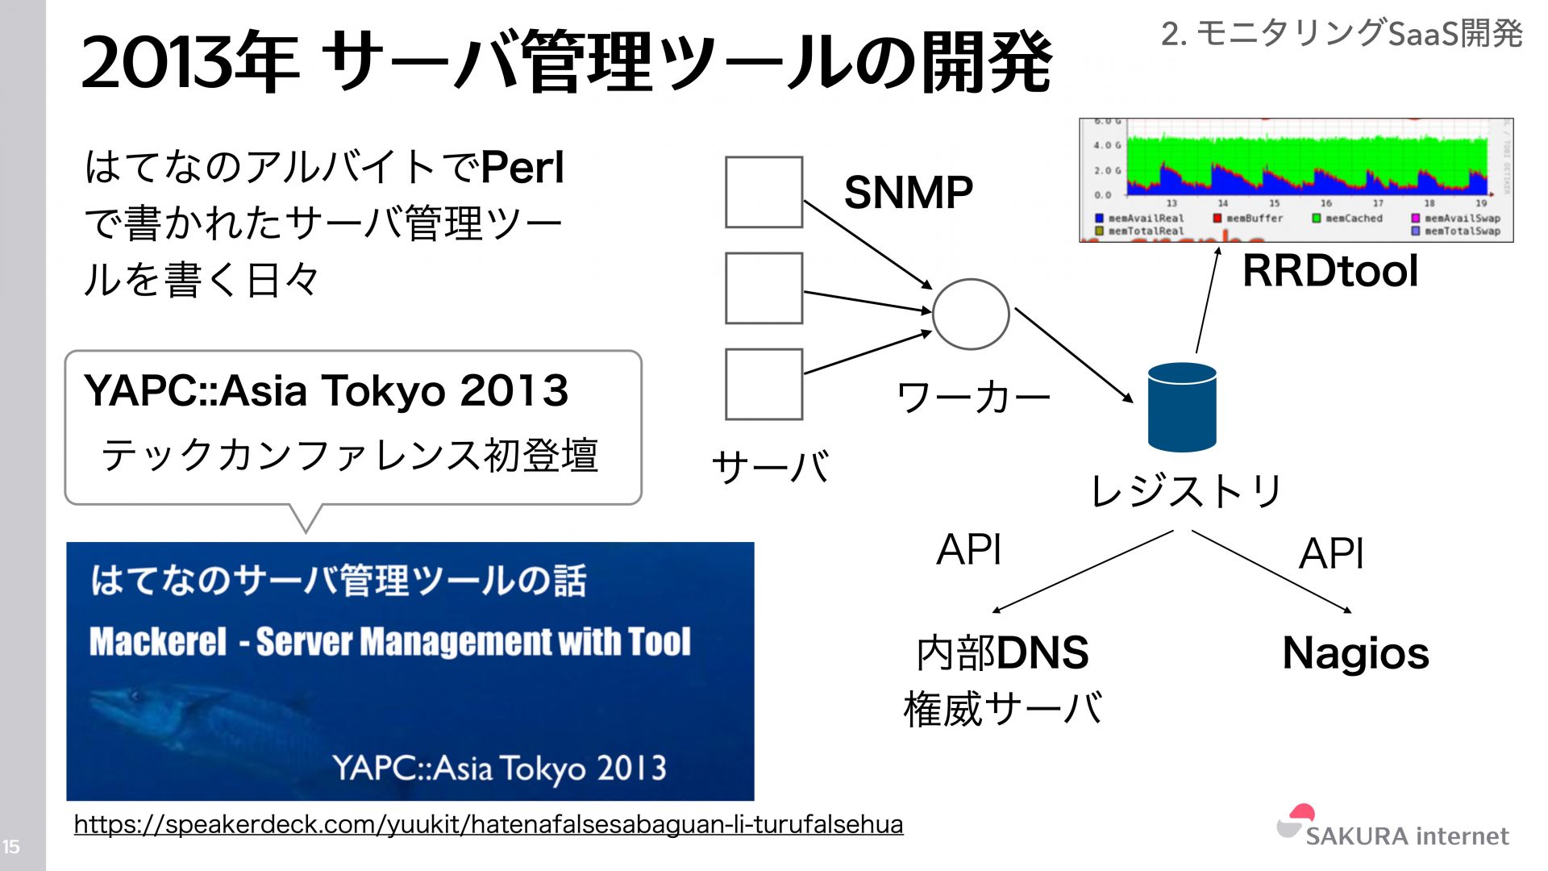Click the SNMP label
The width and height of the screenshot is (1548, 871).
908,193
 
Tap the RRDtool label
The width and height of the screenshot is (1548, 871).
1330,271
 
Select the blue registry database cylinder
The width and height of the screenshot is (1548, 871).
1181,407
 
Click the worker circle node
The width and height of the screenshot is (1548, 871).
970,314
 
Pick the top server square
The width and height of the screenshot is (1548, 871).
764,192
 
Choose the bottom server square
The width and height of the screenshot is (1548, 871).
764,384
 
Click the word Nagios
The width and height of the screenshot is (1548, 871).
1355,653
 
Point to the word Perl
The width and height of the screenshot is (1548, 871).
522,168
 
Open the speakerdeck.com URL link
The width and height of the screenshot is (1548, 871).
488,824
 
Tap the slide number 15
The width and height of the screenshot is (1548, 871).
11,847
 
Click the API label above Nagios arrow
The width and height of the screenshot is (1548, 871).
1331,554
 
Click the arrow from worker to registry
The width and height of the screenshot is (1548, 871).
1073,354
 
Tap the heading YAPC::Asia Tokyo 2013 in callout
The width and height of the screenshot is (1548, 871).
326,391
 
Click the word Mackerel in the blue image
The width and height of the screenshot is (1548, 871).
158,642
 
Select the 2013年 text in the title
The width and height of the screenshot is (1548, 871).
190,63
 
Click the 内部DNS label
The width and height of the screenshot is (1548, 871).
1002,653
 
